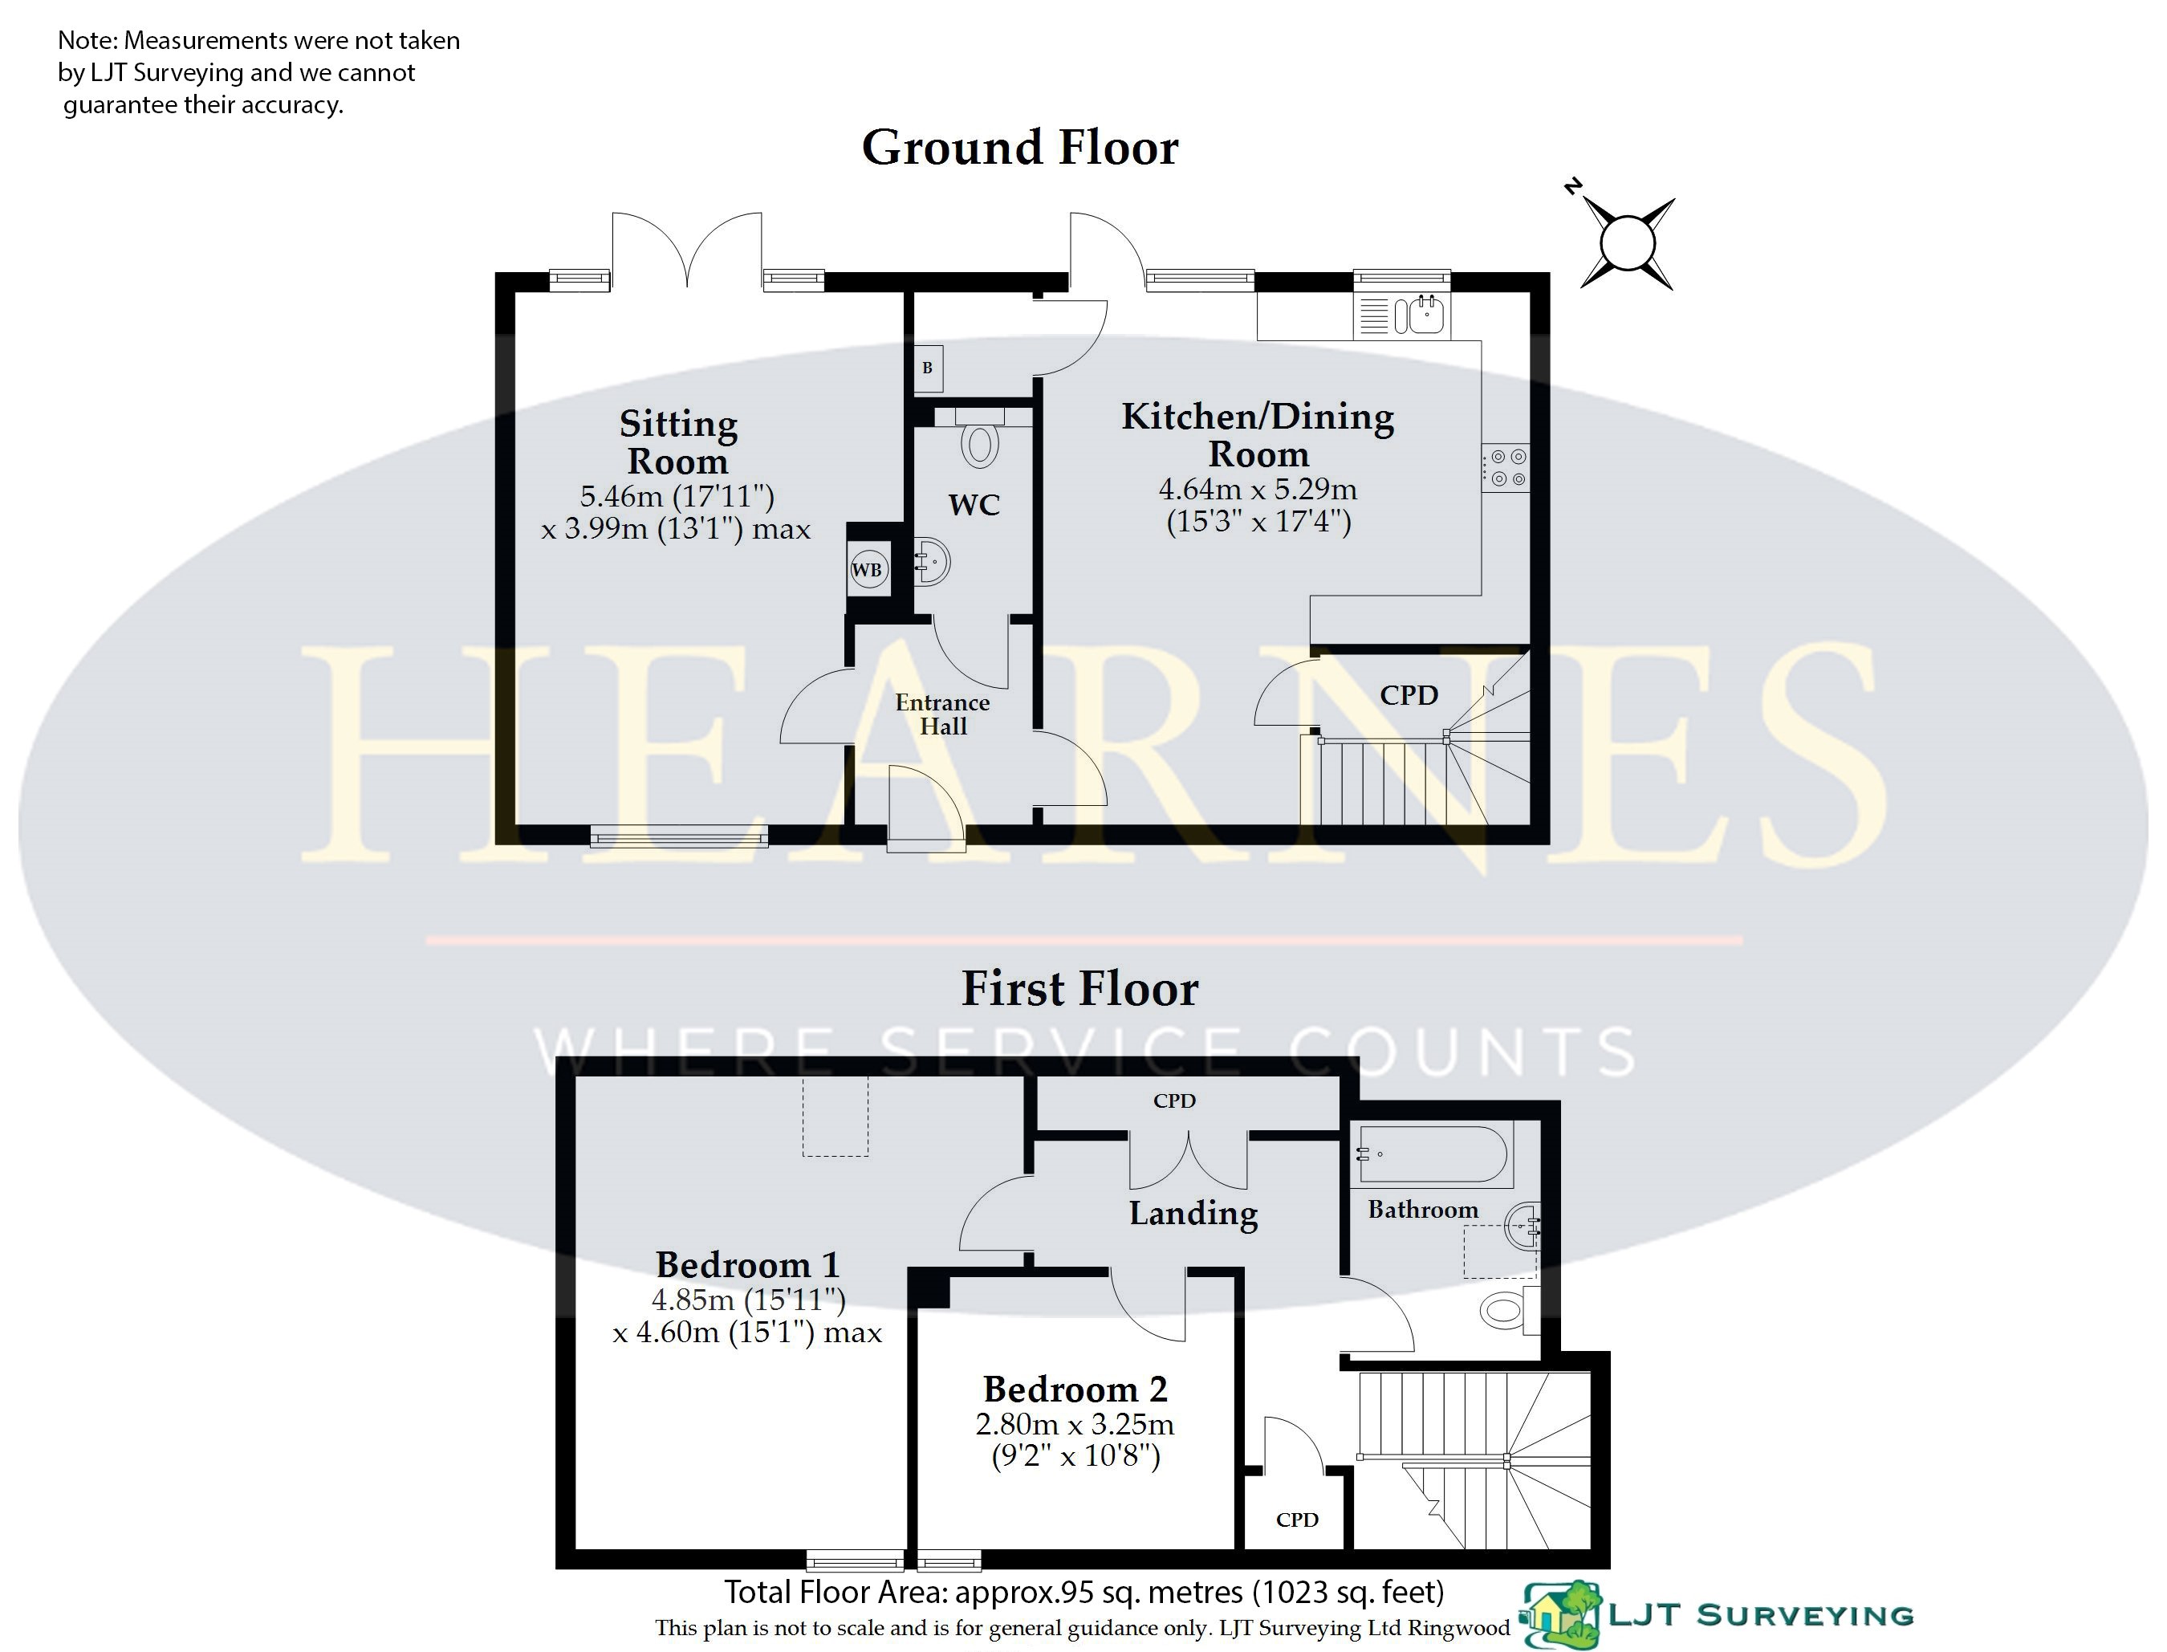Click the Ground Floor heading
point(1019,149)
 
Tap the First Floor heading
point(1079,989)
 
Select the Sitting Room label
point(678,442)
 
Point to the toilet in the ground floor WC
point(979,437)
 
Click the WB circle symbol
point(867,569)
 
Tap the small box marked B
point(927,368)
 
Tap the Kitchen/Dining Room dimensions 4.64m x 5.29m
point(1258,489)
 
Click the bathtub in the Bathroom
point(1433,1154)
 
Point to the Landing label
point(1193,1214)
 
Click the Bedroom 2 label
point(1075,1390)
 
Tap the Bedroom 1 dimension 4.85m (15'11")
point(748,1300)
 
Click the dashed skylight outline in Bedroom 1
point(835,1117)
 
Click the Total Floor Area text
point(1083,1591)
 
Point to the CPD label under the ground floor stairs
point(1409,695)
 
